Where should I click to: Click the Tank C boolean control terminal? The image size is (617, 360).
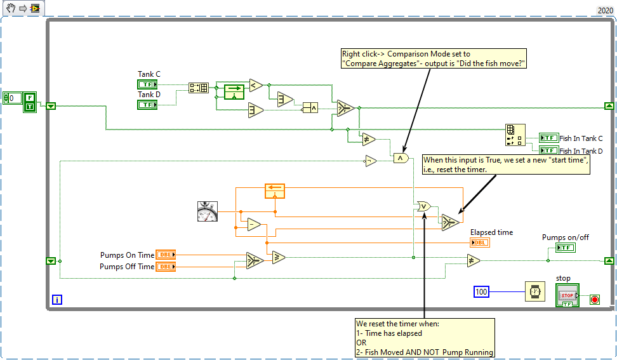[147, 84]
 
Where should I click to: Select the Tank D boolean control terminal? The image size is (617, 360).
[147, 105]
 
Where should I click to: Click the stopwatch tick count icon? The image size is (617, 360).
[208, 211]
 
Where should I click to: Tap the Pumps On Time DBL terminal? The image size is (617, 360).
[166, 255]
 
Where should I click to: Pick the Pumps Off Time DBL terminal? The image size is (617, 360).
[166, 267]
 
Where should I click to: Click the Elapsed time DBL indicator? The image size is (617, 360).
[480, 243]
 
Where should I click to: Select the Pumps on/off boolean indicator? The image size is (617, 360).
[566, 248]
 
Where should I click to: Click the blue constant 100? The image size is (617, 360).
[481, 291]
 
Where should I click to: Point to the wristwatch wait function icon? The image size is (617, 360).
[534, 291]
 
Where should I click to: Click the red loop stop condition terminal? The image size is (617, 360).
[595, 300]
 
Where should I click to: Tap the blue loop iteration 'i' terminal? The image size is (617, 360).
[56, 300]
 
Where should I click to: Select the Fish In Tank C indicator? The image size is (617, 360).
[549, 138]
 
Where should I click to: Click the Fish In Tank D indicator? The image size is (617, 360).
[549, 150]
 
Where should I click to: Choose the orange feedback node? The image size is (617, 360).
[275, 191]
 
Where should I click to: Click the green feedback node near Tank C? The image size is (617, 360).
[234, 92]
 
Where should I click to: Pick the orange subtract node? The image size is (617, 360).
[254, 225]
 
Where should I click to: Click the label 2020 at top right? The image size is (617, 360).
[605, 11]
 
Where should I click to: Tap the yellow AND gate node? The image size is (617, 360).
[401, 158]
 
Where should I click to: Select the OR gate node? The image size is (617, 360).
[424, 206]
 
